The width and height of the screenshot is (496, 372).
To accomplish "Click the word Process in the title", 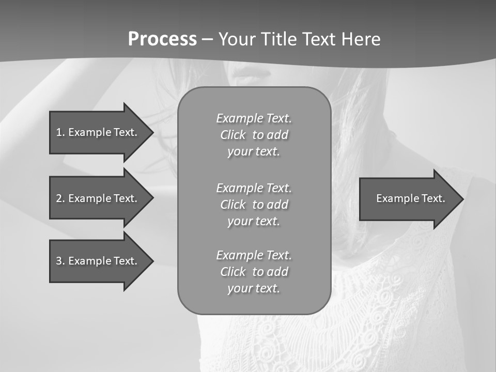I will tap(162, 39).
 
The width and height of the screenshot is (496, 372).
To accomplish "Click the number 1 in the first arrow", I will tap(59, 132).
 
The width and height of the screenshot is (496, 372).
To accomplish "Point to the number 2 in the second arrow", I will tap(59, 198).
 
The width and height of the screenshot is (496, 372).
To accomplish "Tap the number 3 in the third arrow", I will tap(59, 261).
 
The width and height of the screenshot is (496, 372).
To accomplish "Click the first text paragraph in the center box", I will tap(254, 135).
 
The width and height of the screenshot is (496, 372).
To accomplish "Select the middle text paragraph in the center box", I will tap(254, 204).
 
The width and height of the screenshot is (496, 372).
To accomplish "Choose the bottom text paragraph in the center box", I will tap(254, 272).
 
